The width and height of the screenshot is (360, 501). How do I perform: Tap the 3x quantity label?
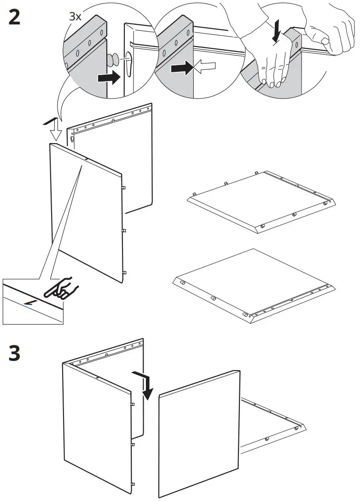tap(75, 17)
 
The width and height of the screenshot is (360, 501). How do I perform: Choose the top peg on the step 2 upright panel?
tap(123, 187)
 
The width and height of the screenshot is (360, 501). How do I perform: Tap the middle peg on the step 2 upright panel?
tap(123, 229)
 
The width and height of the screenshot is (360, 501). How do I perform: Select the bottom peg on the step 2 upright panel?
tap(123, 272)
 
